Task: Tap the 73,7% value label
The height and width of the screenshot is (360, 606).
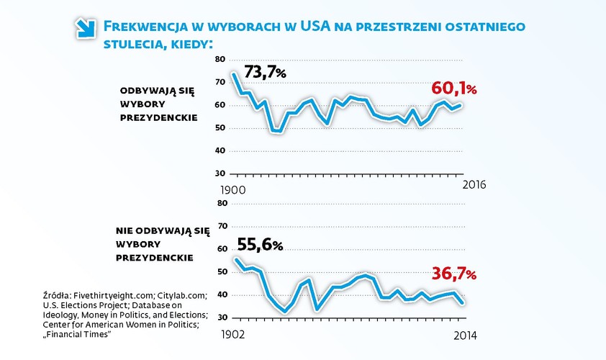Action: [266, 72]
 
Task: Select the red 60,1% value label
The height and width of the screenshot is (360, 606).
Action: [453, 89]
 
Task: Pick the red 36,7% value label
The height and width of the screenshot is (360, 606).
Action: [453, 274]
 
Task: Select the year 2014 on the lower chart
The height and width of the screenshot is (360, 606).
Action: [463, 336]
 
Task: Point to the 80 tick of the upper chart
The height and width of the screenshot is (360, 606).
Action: [222, 60]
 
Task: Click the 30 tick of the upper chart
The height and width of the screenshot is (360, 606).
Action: [222, 174]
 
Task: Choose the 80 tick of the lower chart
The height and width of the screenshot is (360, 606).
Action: [222, 203]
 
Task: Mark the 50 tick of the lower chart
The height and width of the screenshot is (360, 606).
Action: [222, 271]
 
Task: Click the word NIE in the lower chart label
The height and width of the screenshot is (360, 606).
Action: [125, 232]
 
